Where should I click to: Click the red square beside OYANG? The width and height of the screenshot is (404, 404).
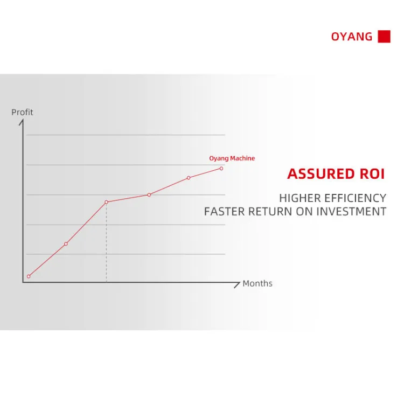384,36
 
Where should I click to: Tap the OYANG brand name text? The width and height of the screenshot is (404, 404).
352,37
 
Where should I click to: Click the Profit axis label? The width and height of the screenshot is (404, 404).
22,113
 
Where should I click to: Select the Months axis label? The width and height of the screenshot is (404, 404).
257,283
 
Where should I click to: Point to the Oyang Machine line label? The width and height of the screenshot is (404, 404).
232,158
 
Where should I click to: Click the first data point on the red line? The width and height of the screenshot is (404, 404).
29,276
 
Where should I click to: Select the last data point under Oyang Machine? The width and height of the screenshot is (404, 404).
221,169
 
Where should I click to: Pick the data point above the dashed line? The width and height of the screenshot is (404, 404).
107,202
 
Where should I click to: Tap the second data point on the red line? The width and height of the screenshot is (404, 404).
66,243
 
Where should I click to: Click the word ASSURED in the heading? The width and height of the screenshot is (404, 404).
321,174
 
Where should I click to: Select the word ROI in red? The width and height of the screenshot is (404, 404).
372,174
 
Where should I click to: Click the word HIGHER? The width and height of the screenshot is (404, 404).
299,198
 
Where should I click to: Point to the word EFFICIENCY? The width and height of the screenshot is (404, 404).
356,198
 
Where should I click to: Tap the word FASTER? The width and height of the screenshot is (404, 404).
224,212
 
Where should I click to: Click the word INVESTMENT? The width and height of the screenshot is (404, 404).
351,212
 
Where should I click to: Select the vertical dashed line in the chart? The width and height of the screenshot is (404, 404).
107,243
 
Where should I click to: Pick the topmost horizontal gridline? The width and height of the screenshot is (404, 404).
126,135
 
